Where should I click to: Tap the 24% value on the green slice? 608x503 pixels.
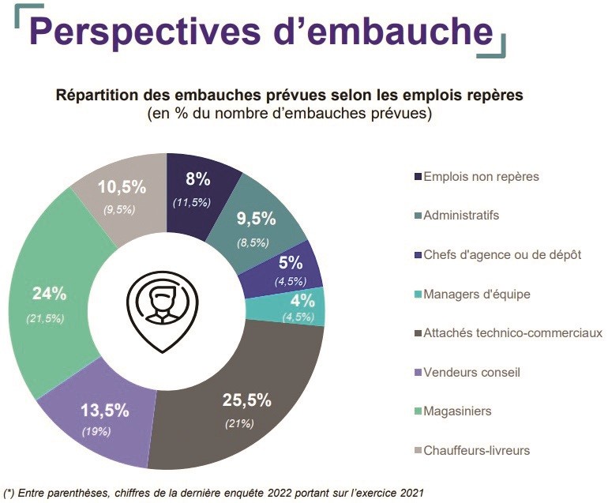[48, 295]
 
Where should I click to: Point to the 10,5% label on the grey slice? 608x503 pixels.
[122, 187]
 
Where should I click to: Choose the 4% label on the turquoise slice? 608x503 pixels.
[302, 300]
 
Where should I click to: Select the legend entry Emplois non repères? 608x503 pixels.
[481, 176]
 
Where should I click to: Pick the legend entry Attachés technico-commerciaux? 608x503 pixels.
[512, 333]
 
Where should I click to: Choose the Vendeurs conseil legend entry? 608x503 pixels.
[472, 372]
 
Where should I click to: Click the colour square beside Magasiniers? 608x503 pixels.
[416, 411]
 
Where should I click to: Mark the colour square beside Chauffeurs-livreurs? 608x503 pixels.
[416, 451]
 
